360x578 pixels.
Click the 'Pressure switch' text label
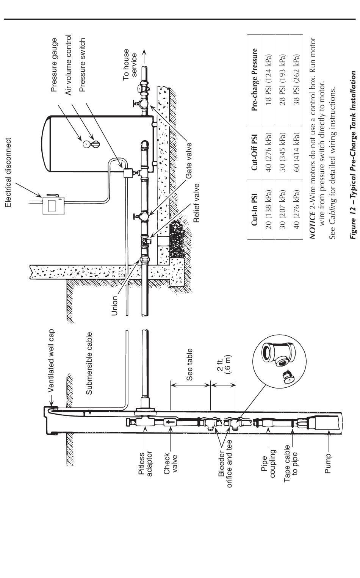pyautogui.click(x=82, y=65)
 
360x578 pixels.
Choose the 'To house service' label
pyautogui.click(x=130, y=64)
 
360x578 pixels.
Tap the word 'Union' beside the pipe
pyautogui.click(x=115, y=305)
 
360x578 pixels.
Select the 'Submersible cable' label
pyautogui.click(x=89, y=363)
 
